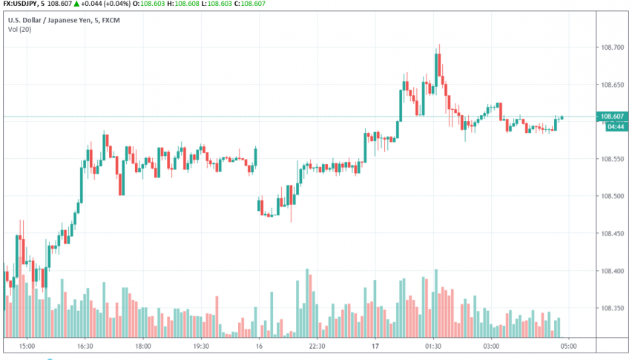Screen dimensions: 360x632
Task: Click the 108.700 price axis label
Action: [612, 48]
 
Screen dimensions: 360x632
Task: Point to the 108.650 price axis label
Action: [612, 85]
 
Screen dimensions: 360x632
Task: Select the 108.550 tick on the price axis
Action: [612, 159]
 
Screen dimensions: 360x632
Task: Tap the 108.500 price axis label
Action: [612, 196]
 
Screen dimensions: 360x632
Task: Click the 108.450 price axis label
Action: [612, 233]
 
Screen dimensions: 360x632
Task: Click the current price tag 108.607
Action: [613, 116]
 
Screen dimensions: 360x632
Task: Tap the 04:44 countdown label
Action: [613, 126]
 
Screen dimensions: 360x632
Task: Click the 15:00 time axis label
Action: [27, 346]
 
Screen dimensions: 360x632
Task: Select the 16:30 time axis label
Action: [84, 346]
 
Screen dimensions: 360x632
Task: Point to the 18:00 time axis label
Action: [142, 346]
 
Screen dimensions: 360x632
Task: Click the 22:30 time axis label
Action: [317, 346]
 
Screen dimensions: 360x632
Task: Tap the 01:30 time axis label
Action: [433, 346]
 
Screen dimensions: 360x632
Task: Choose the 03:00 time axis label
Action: [491, 346]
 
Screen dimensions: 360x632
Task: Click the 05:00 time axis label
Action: [569, 346]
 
